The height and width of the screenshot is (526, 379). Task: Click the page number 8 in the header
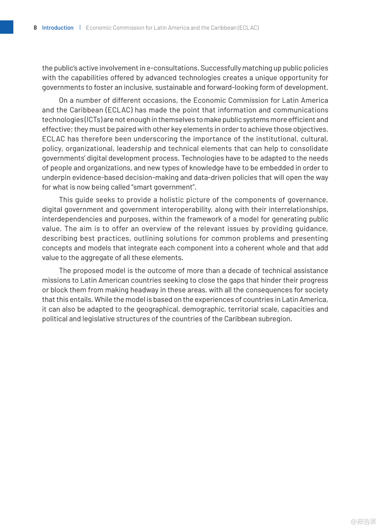pyautogui.click(x=35, y=28)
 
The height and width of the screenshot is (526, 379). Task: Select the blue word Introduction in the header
pyautogui.click(x=58, y=28)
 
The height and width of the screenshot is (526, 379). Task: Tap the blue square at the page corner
pyautogui.click(x=6, y=27)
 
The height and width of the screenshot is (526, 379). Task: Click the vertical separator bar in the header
pyautogui.click(x=80, y=27)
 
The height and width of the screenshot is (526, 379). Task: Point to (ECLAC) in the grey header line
pyautogui.click(x=248, y=28)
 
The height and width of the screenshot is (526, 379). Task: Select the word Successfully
pyautogui.click(x=221, y=68)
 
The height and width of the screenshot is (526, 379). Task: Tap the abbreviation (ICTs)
pyautogui.click(x=93, y=120)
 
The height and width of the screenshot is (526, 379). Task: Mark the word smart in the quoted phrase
pyautogui.click(x=144, y=187)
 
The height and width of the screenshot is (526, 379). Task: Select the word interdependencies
pyautogui.click(x=72, y=219)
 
